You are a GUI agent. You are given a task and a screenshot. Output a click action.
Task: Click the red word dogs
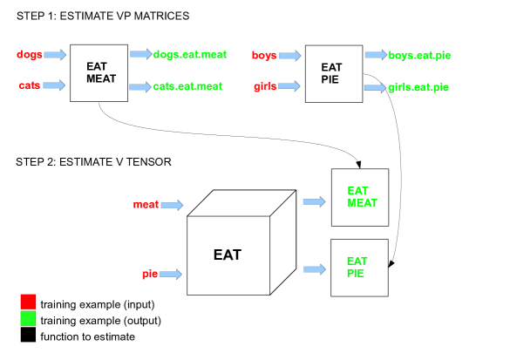[x=28, y=56]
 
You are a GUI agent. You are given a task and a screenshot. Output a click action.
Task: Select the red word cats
[x=29, y=85]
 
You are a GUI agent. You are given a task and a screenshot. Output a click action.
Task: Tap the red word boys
[x=264, y=56]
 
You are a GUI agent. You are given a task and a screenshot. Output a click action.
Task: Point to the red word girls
[x=264, y=86]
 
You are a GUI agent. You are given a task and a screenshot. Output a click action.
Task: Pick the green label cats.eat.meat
[x=187, y=86]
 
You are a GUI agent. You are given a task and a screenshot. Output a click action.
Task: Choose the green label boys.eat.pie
[x=420, y=56]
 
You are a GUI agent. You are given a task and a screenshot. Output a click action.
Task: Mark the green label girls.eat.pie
[x=418, y=87]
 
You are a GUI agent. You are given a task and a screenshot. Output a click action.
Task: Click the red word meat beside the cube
[x=145, y=205]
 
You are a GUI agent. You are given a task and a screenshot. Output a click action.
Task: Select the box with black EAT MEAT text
[x=99, y=72]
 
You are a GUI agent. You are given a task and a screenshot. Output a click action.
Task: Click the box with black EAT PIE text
[x=331, y=72]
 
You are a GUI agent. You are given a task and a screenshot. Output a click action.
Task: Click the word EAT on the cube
[x=228, y=255]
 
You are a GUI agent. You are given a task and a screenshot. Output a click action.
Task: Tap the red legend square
[x=27, y=303]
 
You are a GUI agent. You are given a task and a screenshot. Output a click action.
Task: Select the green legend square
[x=27, y=320]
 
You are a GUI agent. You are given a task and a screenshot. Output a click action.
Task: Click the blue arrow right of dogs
[x=54, y=56]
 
